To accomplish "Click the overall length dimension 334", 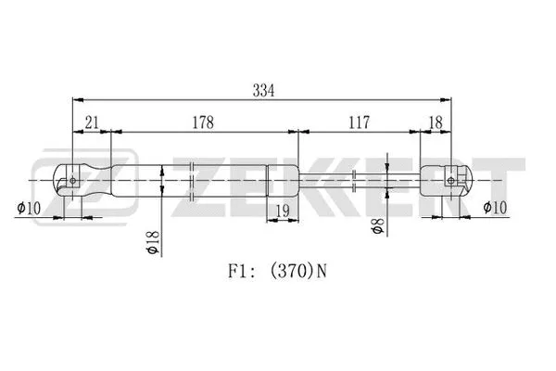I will click(x=264, y=90).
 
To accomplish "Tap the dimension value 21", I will click(x=92, y=122).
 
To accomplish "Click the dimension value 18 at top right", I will click(x=436, y=122).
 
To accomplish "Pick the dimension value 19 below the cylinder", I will click(x=283, y=212).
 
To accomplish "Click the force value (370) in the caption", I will click(x=296, y=272).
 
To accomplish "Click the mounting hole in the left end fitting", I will click(x=73, y=179).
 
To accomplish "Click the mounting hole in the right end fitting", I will click(x=450, y=179).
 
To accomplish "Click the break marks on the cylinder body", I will click(x=191, y=180).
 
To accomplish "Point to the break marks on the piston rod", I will click(x=356, y=179).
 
